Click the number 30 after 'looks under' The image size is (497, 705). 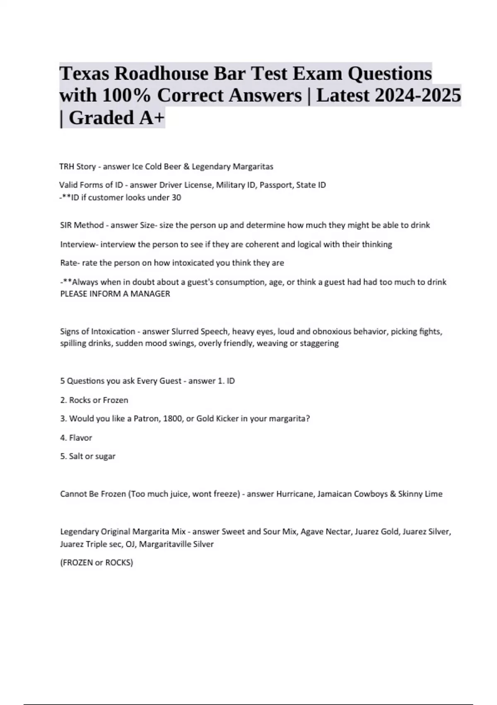tap(176, 198)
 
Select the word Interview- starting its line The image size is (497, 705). tap(79, 244)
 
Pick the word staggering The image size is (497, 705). tap(319, 343)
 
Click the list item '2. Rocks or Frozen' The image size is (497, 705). tap(94, 400)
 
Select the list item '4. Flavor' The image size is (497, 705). tap(76, 438)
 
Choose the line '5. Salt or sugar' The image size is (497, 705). tap(88, 456)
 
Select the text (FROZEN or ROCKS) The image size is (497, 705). tap(97, 563)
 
